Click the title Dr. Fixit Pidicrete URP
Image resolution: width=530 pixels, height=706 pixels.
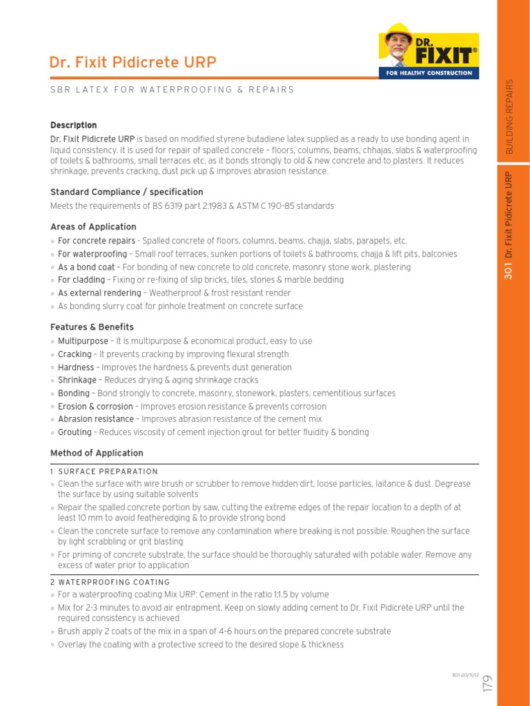pos(133,63)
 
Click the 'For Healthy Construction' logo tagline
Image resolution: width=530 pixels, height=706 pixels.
pos(429,72)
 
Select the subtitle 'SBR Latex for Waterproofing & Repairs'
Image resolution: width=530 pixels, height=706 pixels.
pos(172,90)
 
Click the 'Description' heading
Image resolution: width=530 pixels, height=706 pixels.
pos(73,125)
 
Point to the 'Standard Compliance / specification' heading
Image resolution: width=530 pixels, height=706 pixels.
pos(127,192)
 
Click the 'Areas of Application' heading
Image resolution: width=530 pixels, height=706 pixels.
pos(93,227)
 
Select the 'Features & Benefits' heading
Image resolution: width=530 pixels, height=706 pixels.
pos(92,327)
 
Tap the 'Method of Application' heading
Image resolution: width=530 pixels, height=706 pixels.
pos(97,453)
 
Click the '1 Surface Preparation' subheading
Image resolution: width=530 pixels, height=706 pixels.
pos(104,472)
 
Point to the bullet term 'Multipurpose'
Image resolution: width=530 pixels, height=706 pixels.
pos(83,341)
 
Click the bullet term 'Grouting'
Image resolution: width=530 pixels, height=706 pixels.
pos(75,432)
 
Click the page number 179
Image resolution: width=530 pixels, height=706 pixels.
pos(488,683)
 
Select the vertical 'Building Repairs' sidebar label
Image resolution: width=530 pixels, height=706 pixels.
pos(510,116)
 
